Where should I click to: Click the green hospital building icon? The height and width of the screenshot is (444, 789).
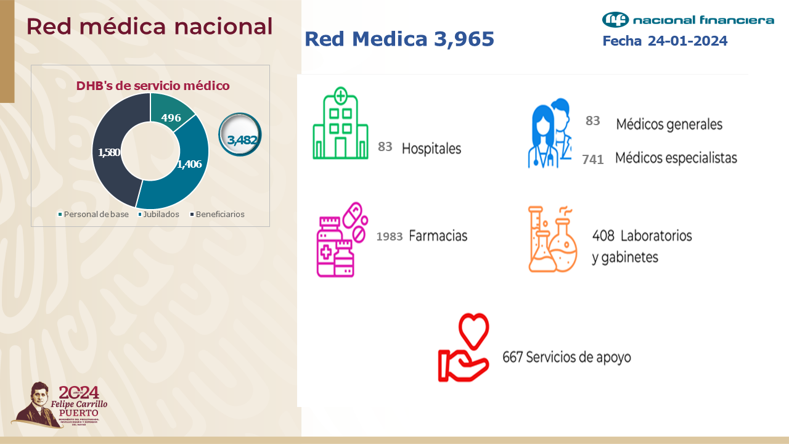point(340,123)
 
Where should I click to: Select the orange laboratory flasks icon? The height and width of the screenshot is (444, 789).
point(552,239)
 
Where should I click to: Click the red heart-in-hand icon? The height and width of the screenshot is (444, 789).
point(464,348)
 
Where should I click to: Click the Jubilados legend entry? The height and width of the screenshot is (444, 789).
point(161,215)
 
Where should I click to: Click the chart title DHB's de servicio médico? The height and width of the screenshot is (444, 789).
point(153,86)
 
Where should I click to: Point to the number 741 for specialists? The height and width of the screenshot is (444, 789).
point(592,160)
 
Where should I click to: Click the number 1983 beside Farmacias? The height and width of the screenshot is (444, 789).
point(389,236)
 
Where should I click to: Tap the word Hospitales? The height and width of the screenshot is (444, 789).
point(431,149)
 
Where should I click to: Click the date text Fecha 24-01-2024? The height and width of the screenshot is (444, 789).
point(664,41)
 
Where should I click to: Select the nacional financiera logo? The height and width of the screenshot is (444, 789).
point(687,20)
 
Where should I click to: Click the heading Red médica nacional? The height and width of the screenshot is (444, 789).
point(149,27)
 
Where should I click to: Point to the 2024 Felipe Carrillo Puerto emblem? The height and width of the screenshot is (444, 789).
point(60,405)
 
